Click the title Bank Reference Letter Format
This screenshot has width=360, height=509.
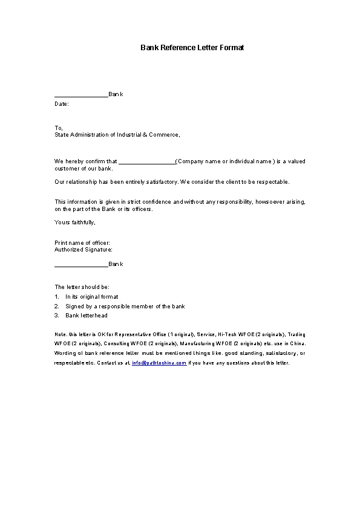tap(192, 47)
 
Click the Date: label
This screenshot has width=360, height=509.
tap(62, 104)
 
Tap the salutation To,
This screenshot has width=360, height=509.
tap(59, 128)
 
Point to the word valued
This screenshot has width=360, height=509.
tap(296, 161)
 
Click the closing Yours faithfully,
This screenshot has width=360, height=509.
tap(75, 222)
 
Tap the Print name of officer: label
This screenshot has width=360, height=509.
tap(82, 243)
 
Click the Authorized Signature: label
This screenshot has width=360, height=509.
tap(83, 249)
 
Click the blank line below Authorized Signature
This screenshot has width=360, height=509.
tap(81, 265)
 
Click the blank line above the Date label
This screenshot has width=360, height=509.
tap(81, 95)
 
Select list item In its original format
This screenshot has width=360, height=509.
tap(91, 297)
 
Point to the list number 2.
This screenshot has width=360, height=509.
tap(56, 306)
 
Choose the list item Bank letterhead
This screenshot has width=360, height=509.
tap(87, 316)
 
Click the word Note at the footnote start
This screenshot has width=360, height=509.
tap(60, 334)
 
